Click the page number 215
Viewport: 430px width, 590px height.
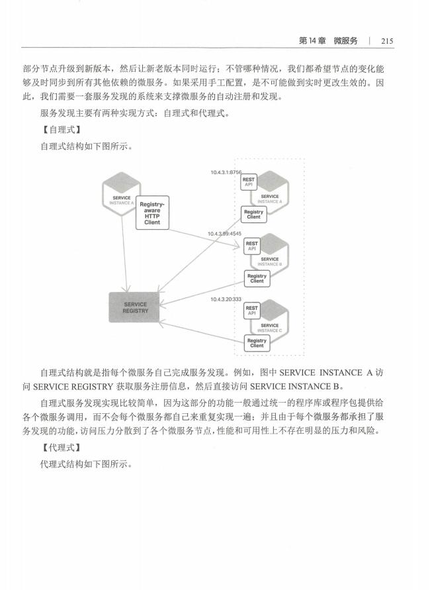(387, 41)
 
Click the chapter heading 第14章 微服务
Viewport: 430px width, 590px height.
(327, 41)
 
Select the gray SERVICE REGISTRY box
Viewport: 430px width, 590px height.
(134, 307)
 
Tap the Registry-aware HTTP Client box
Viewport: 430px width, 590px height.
(152, 213)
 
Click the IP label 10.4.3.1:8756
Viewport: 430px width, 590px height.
(226, 172)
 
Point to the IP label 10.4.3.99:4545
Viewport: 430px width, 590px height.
(225, 234)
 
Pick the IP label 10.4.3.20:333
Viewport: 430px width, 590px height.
(226, 299)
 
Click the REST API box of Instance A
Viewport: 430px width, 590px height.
(249, 183)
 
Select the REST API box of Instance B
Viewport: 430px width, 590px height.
(252, 246)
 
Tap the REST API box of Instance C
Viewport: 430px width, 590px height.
(252, 311)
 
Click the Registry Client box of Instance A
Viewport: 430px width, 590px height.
(254, 215)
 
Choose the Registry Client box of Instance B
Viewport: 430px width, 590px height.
(257, 278)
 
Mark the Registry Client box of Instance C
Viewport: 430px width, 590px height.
(257, 343)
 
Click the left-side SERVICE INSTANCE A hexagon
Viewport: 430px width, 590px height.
(122, 194)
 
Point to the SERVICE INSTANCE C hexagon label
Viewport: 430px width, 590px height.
(270, 328)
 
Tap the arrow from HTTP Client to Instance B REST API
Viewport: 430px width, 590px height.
(204, 238)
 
